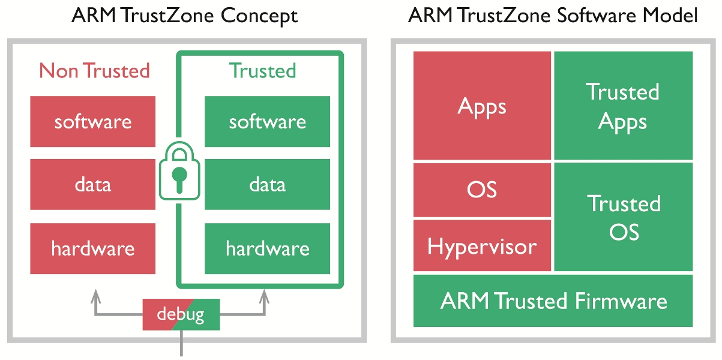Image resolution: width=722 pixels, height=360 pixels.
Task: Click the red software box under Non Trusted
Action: [93, 122]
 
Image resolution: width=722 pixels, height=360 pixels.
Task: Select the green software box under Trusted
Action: [267, 122]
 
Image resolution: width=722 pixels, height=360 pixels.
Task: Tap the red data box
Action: [93, 184]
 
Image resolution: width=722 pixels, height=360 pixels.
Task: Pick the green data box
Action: [267, 184]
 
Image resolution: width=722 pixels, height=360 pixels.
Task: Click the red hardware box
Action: [93, 248]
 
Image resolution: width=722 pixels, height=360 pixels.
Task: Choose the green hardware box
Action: [267, 248]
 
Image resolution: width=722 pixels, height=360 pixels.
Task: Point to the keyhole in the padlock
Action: [178, 178]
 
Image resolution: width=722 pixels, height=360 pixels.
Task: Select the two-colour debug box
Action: [181, 314]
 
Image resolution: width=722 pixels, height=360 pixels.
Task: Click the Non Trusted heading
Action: [94, 71]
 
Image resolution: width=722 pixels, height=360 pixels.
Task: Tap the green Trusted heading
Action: [263, 71]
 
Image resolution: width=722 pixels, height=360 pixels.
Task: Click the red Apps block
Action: [482, 106]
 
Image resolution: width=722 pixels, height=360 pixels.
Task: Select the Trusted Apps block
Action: [623, 106]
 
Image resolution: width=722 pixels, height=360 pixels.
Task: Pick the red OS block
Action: [482, 190]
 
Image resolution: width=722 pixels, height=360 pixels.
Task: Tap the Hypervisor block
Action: [482, 245]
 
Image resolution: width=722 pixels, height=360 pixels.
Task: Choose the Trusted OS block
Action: [623, 217]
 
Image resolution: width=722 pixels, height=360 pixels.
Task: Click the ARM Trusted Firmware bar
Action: [553, 301]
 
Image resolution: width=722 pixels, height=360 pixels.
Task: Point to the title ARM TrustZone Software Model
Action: [553, 16]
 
